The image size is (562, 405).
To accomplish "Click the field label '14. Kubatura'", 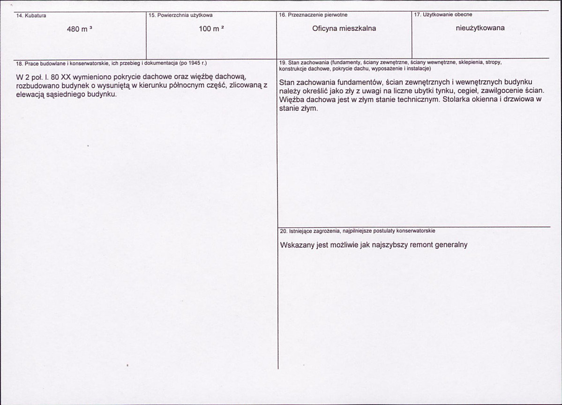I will coord(29,15).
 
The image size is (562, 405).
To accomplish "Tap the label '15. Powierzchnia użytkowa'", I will coord(180,15).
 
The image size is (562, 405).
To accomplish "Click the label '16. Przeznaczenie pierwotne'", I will coord(313,15).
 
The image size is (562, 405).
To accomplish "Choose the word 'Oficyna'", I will coord(324,29).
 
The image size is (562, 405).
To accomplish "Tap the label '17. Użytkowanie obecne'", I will coord(443,15).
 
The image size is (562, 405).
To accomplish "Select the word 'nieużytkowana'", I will coord(480,28).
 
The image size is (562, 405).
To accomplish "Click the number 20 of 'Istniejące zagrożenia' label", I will coord(283,231).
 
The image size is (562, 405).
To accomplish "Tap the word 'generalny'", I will coord(452,245).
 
